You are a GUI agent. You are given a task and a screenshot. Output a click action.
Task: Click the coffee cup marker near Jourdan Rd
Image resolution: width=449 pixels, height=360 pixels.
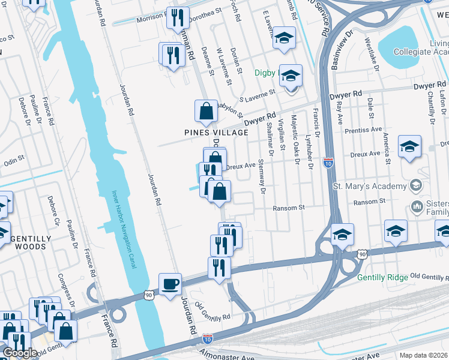pyautogui.click(x=170, y=283)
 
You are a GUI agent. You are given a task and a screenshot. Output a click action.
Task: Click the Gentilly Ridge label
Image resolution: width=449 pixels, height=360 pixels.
pyautogui.click(x=382, y=277)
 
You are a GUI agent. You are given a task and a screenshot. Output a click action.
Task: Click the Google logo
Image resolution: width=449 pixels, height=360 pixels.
pyautogui.click(x=20, y=353)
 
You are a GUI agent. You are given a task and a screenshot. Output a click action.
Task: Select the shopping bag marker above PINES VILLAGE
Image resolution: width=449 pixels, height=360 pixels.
pyautogui.click(x=206, y=111)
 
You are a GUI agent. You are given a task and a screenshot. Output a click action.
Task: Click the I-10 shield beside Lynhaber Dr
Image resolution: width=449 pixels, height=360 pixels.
pyautogui.click(x=328, y=162)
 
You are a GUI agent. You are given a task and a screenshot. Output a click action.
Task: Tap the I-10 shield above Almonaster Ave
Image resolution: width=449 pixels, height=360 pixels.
pyautogui.click(x=207, y=339)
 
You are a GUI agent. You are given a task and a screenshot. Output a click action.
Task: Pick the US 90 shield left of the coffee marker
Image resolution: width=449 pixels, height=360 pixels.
pyautogui.click(x=148, y=295)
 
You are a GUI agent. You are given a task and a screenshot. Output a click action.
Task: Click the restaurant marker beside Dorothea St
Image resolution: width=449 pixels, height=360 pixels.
pyautogui.click(x=177, y=18)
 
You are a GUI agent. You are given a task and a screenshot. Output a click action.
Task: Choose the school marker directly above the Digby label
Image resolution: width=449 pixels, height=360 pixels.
pyautogui.click(x=284, y=38)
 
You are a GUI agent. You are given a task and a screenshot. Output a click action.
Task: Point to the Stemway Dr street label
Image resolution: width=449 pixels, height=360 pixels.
pyautogui.click(x=262, y=176)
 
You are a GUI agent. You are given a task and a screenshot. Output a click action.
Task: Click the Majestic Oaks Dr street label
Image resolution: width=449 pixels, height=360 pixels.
pyautogui.click(x=295, y=135)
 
